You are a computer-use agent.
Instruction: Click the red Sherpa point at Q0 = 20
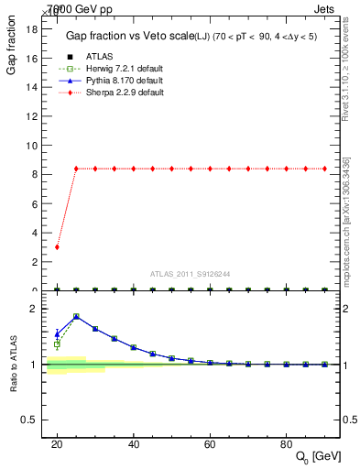(57, 247)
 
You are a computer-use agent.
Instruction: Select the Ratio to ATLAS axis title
(13, 365)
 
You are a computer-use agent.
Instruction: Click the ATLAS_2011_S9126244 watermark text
(191, 273)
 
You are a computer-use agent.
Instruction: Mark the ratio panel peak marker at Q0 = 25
(76, 316)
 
